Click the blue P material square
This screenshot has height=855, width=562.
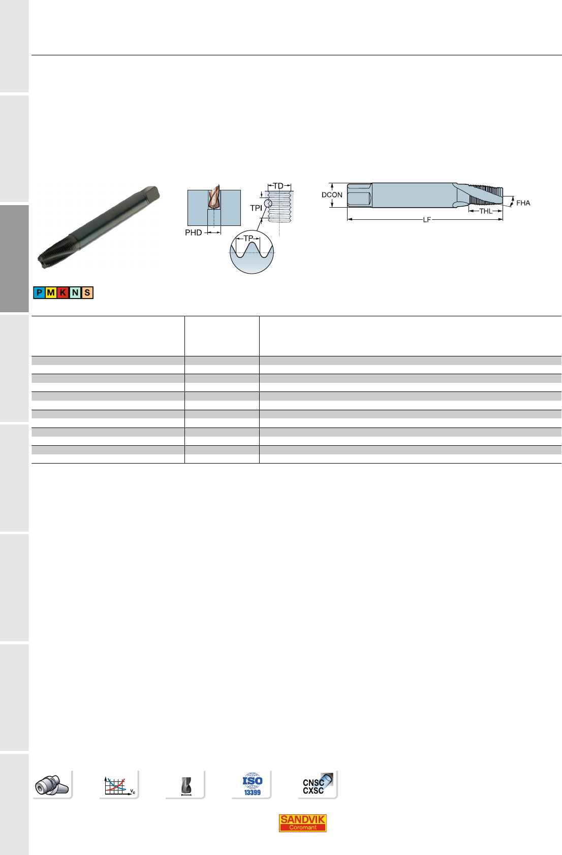tap(39, 293)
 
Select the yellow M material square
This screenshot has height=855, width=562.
tap(51, 293)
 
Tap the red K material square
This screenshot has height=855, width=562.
tap(63, 293)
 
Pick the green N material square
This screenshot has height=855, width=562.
tap(75, 293)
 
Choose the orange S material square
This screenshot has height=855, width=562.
tap(87, 293)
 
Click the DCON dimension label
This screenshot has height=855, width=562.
tap(332, 194)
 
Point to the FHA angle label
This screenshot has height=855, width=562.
tap(523, 203)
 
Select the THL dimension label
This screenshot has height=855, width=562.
tap(486, 211)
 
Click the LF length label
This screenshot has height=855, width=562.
tap(427, 220)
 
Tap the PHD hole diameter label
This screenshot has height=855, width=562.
tap(193, 233)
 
